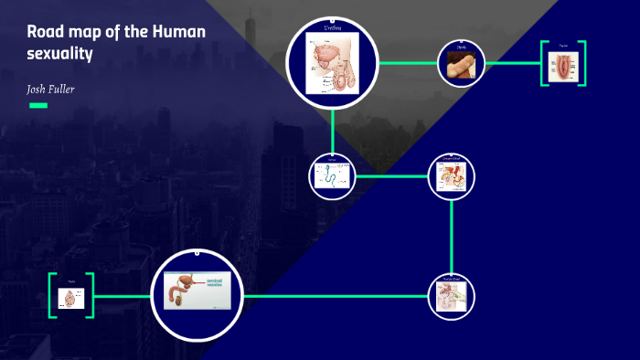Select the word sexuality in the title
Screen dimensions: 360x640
pyautogui.click(x=60, y=54)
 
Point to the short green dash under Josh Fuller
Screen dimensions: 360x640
pyautogui.click(x=38, y=105)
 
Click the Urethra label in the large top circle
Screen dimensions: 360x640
pyautogui.click(x=333, y=29)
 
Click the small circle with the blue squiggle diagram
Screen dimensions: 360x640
pyautogui.click(x=332, y=175)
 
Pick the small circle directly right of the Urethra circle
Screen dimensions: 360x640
pyautogui.click(x=461, y=63)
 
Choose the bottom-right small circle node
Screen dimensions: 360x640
pyautogui.click(x=453, y=296)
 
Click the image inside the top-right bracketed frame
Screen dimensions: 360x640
pyautogui.click(x=563, y=65)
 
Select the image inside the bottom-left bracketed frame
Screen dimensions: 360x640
pyautogui.click(x=71, y=296)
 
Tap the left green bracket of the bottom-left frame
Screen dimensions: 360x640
pyautogui.click(x=51, y=295)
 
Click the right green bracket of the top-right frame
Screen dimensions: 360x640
pyautogui.click(x=582, y=64)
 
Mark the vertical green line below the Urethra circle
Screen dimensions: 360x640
pyautogui.click(x=333, y=129)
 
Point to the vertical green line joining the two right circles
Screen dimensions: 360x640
pyautogui.click(x=453, y=235)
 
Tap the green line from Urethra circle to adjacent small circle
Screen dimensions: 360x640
pyautogui.click(x=408, y=63)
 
